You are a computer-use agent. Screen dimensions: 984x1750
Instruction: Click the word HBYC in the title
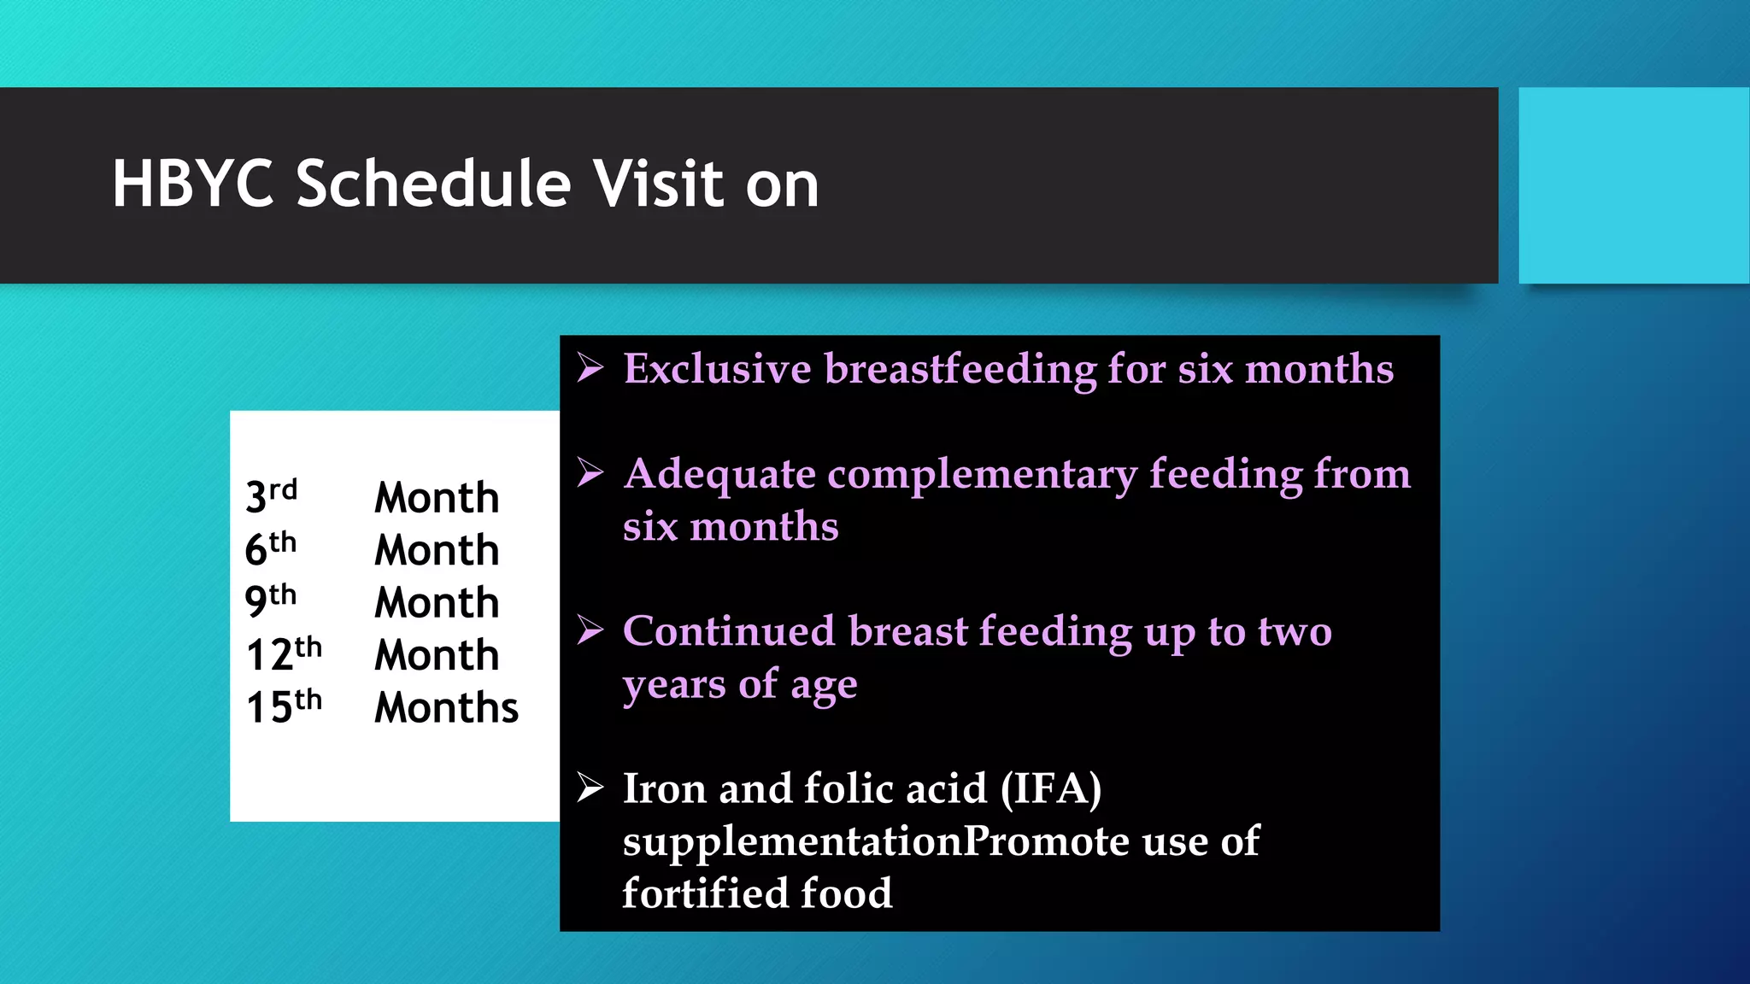(x=192, y=184)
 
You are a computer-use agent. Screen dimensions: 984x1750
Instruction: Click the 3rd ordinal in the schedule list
(x=271, y=496)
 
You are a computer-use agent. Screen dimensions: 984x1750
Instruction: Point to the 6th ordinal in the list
(x=270, y=549)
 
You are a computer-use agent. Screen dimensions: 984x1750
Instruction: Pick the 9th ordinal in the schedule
(x=270, y=601)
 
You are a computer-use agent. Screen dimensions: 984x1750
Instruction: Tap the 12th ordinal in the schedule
(x=284, y=654)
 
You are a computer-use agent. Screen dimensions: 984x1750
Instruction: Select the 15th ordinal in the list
(x=284, y=706)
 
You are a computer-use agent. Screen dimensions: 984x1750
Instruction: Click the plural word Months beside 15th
(x=446, y=708)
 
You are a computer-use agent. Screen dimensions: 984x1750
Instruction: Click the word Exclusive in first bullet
(x=717, y=369)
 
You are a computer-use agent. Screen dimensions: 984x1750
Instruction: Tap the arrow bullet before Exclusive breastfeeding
(x=590, y=368)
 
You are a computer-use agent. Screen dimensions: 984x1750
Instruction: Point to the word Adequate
(x=719, y=475)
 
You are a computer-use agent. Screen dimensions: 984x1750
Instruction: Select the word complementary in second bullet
(x=982, y=475)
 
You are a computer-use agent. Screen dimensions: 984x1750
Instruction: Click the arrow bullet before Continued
(x=590, y=630)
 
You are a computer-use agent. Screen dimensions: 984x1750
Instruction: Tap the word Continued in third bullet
(x=728, y=632)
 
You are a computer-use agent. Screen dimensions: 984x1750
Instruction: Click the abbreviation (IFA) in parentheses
(x=1050, y=788)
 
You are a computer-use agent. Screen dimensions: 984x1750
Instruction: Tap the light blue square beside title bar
(x=1633, y=185)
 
